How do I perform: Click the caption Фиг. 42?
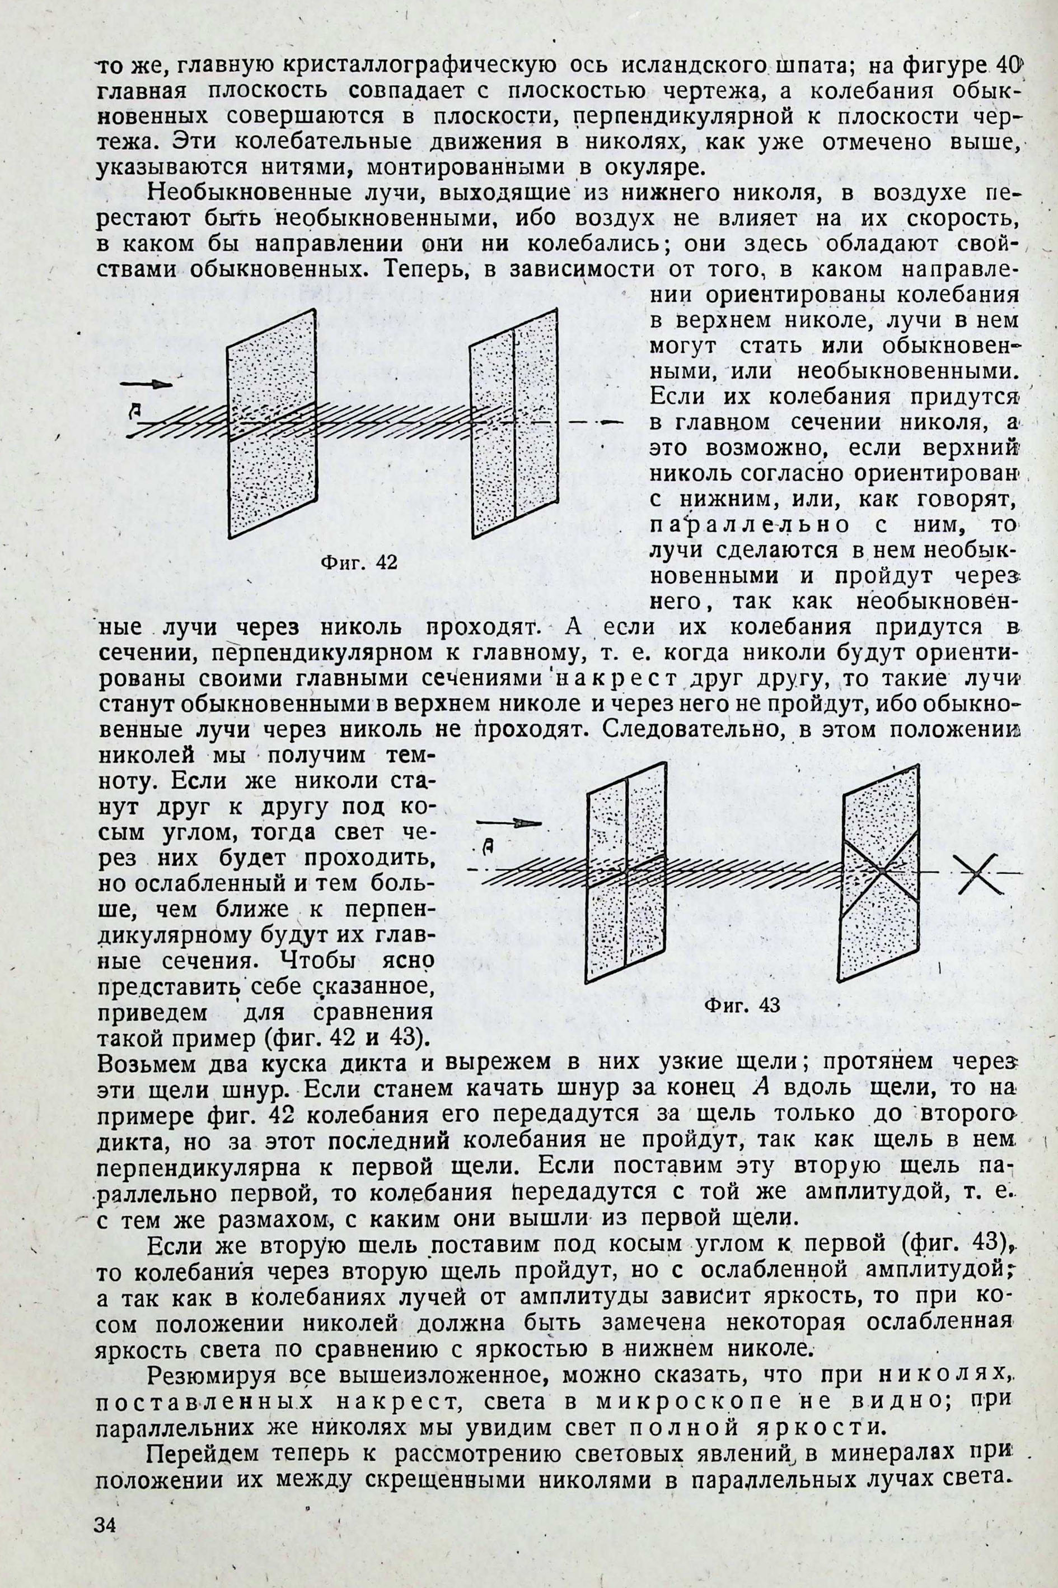coord(358,562)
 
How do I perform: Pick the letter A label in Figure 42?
coord(137,409)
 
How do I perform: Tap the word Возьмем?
coord(141,1063)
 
